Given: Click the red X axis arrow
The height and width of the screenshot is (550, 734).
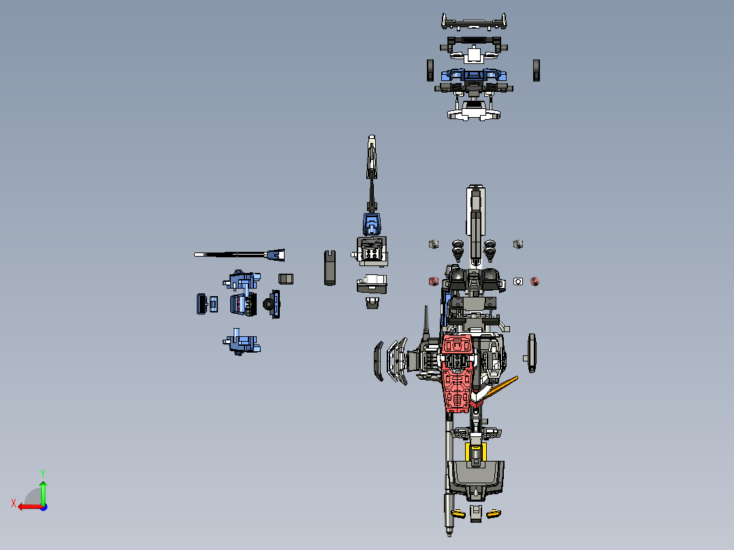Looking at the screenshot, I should pyautogui.click(x=26, y=506).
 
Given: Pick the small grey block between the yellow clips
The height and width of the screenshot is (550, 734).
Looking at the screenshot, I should pyautogui.click(x=476, y=513).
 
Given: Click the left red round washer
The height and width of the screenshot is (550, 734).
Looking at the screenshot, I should pyautogui.click(x=432, y=281).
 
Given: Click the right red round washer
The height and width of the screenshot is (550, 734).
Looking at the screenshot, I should pyautogui.click(x=534, y=281).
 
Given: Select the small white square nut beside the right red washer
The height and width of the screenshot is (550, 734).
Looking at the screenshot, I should pyautogui.click(x=518, y=281).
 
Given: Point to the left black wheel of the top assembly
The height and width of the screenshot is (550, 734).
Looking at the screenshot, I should pyautogui.click(x=431, y=69).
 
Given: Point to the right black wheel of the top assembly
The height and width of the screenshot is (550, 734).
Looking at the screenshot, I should pyautogui.click(x=537, y=69).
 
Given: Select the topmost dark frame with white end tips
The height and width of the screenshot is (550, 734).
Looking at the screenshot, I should pyautogui.click(x=475, y=22).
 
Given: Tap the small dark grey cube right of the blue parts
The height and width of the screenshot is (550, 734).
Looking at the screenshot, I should pyautogui.click(x=286, y=278).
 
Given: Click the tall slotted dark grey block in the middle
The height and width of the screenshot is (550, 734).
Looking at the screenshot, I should pyautogui.click(x=330, y=267).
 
